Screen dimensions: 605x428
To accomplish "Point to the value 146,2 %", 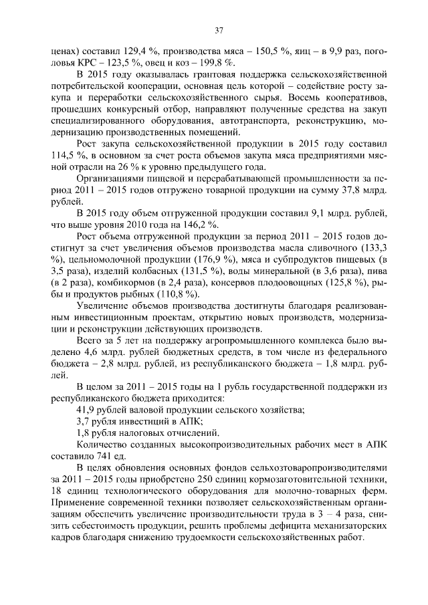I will [x=201, y=225].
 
